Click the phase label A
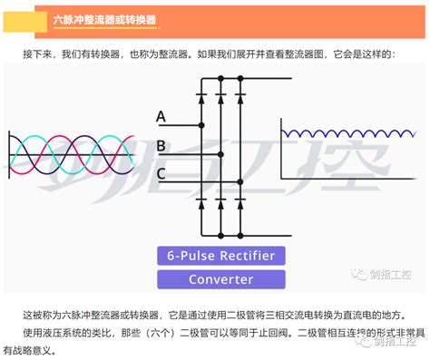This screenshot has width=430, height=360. click(x=161, y=116)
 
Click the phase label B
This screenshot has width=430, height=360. click(x=161, y=144)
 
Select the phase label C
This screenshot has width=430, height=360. click(x=161, y=172)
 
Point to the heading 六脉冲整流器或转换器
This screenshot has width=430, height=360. click(x=103, y=19)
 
